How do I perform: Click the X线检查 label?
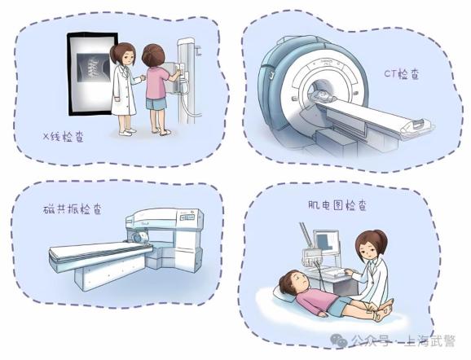point(64,137)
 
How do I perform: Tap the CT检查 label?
point(402,74)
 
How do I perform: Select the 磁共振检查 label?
point(72,209)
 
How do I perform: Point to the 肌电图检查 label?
point(337,205)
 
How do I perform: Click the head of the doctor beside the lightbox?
point(123,54)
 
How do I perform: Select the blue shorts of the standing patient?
point(156,103)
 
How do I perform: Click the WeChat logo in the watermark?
point(339,340)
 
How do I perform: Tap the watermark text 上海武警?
point(430,340)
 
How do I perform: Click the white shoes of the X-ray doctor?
point(127,131)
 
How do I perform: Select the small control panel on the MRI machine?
point(187,217)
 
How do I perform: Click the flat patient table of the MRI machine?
point(99,252)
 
